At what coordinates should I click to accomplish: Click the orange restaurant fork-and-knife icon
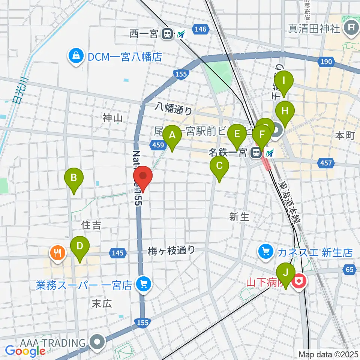click(x=57, y=252)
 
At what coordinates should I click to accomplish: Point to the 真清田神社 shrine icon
click(x=351, y=28)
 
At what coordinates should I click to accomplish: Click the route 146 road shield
click(x=201, y=29)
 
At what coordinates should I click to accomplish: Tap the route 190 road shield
click(x=327, y=61)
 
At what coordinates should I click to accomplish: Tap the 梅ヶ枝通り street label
click(x=171, y=250)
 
